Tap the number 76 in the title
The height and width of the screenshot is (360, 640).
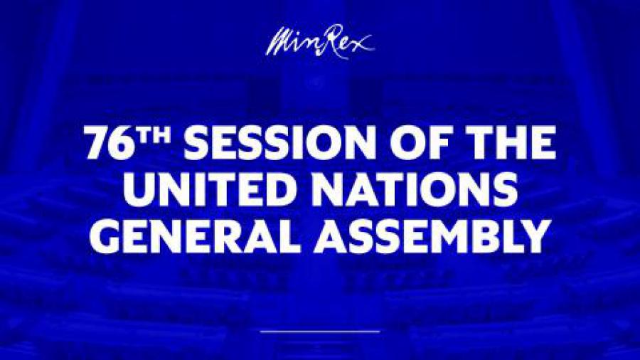[x=110, y=143]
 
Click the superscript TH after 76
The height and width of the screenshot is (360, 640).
[x=154, y=135]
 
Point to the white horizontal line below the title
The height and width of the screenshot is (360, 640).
[x=320, y=332]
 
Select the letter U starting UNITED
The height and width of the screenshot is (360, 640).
[x=139, y=189]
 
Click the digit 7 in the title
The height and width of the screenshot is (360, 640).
[x=97, y=143]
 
